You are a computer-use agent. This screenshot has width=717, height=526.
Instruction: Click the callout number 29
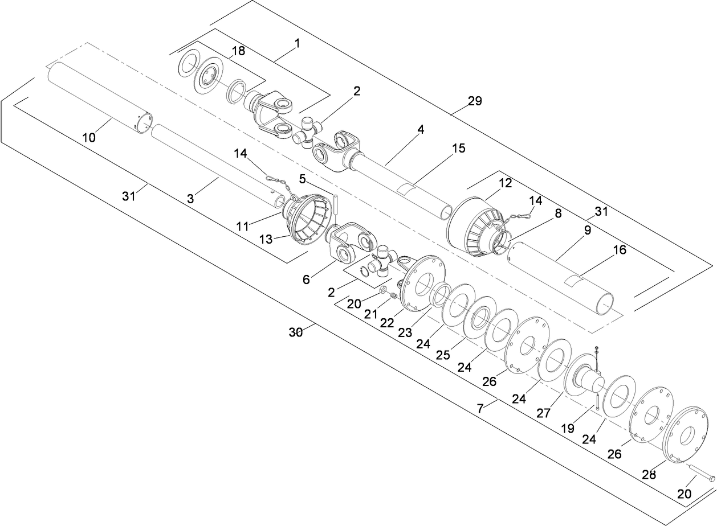coord(474,101)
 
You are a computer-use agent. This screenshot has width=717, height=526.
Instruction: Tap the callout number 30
coord(295,332)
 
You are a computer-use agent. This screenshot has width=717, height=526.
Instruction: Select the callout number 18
coord(238,51)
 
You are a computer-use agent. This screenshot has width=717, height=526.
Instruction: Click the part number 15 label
coord(458,149)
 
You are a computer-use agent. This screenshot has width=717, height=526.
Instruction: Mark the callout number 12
coord(506,184)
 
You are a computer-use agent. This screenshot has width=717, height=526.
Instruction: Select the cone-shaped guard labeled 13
coord(308,221)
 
